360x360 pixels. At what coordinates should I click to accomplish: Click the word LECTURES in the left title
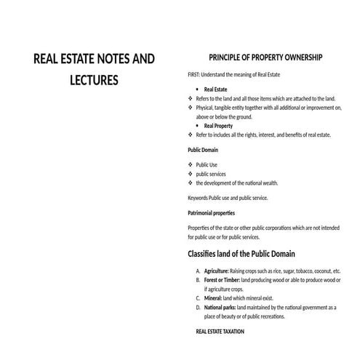[x=95, y=81]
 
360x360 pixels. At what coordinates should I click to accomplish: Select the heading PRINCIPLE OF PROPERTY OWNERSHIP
[x=265, y=57]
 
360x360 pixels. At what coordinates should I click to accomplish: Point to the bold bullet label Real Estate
[x=216, y=89]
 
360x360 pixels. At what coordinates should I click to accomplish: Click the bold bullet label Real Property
[x=219, y=126]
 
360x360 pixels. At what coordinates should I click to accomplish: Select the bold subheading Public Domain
[x=203, y=150]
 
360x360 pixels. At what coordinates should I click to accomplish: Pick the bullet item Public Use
[x=207, y=165]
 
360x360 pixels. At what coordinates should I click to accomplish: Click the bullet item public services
[x=212, y=174]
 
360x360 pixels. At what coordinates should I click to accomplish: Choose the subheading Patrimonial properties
[x=211, y=213]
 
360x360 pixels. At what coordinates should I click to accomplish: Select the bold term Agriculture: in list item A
[x=217, y=271]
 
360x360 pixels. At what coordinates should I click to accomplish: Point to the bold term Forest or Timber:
[x=222, y=280]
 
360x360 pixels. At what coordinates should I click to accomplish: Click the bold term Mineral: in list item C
[x=212, y=298]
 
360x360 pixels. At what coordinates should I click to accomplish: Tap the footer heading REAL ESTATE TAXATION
[x=220, y=332]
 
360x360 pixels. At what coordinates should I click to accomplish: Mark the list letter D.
[x=199, y=308]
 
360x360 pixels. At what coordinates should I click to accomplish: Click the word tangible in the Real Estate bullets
[x=229, y=108]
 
